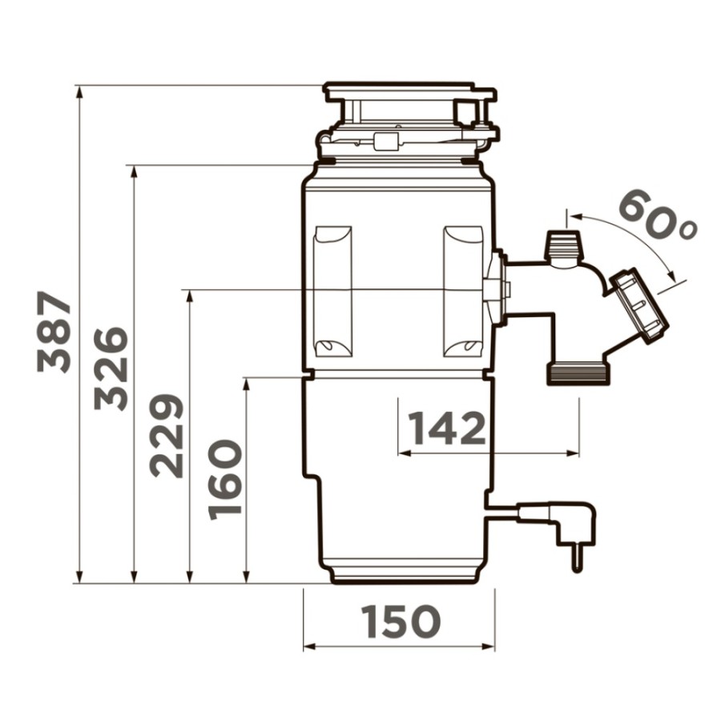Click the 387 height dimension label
54,331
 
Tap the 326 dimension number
111,369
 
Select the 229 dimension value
167,436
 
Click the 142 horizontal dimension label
447,428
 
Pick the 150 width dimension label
401,622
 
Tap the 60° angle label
658,215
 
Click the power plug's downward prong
577,558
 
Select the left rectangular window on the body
332,292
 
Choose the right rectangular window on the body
463,292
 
